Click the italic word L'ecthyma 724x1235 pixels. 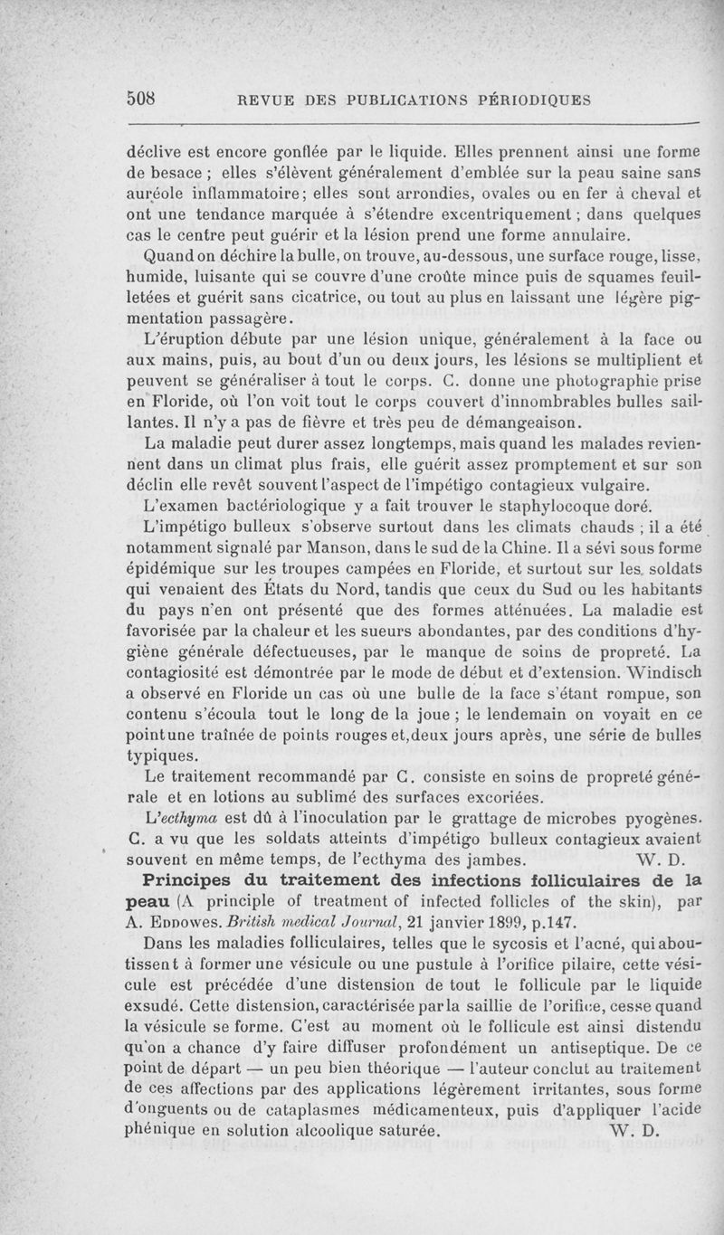[x=183, y=820]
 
